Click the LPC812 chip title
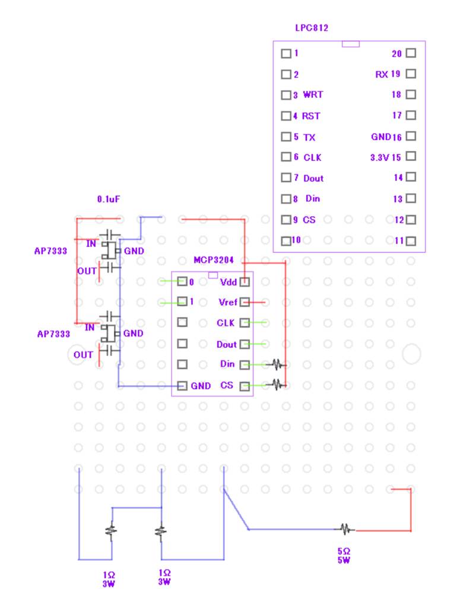coord(312,28)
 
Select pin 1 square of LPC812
coord(286,53)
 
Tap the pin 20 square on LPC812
coord(411,53)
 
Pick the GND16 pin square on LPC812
coord(411,136)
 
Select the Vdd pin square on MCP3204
coord(244,281)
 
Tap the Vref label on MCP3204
coord(228,302)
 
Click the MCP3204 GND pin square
coord(182,386)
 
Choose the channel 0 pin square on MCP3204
coord(182,281)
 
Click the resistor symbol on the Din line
coord(277,365)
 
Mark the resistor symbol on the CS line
coord(277,385)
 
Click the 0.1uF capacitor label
coord(110,200)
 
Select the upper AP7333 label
coord(50,251)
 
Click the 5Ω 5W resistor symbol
coord(345,529)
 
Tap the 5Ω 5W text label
coord(344,555)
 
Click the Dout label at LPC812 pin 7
coord(313,178)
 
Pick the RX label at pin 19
coord(382,74)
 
